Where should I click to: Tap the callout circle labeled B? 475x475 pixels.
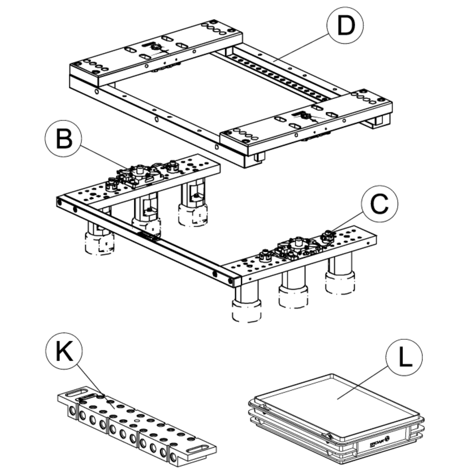tap(64, 139)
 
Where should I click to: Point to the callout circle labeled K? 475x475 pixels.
tap(64, 352)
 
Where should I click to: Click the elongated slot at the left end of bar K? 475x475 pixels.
tap(73, 391)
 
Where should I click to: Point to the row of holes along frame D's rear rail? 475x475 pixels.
tap(277, 74)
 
